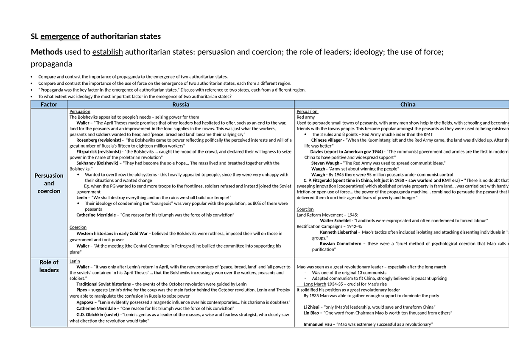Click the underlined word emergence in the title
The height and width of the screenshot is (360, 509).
[x=60, y=36]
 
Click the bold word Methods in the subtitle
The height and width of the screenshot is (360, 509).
[x=46, y=52]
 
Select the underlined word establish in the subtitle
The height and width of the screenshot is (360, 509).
[x=108, y=52]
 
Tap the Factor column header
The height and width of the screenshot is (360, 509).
[x=49, y=104]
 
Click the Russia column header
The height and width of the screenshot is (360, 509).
[x=181, y=104]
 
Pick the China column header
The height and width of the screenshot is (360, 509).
[x=408, y=104]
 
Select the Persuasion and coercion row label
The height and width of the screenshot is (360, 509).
[x=49, y=183]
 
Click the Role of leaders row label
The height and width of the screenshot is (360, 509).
[x=49, y=266]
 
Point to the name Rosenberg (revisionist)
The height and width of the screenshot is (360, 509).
[x=100, y=140]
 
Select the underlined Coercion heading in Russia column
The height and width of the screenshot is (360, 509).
[x=78, y=227]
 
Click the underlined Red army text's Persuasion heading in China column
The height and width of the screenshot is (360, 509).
[x=307, y=112]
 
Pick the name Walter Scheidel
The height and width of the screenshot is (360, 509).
[x=336, y=220]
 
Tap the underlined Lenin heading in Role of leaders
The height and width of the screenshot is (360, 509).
[x=75, y=261]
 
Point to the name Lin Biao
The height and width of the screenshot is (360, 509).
[x=313, y=313]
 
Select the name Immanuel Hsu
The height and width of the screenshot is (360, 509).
[x=317, y=324]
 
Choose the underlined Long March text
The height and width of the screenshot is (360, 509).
[x=315, y=284]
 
